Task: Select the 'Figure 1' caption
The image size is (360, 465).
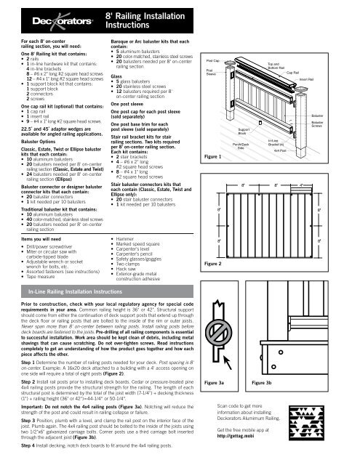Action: click(x=213, y=137)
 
